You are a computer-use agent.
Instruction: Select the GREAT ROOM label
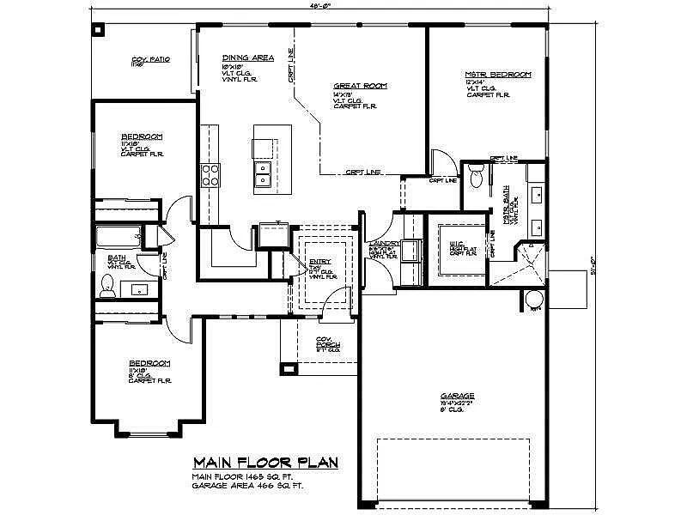(360, 87)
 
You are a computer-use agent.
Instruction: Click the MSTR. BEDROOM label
(498, 75)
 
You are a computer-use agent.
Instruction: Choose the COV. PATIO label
(150, 59)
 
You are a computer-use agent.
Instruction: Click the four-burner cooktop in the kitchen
(210, 175)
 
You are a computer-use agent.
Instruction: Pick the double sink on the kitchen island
(264, 178)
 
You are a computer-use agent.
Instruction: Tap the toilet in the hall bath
(107, 286)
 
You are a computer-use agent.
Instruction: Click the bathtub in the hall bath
(118, 236)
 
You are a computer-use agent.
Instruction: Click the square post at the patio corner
(97, 30)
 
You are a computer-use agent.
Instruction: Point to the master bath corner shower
(526, 262)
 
